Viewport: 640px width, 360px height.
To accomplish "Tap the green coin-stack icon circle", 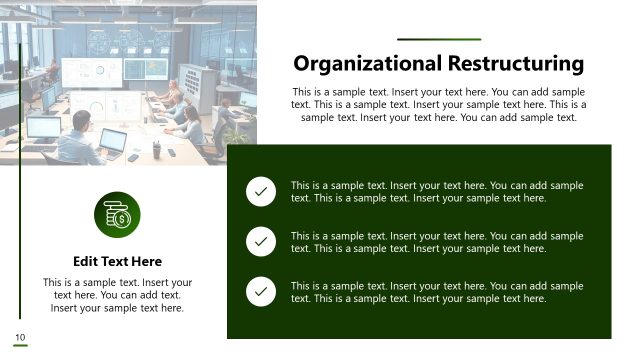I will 117,215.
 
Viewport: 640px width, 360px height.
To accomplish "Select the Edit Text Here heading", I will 117,261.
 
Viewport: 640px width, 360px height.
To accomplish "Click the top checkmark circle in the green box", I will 261,191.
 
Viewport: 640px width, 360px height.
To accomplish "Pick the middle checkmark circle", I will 261,241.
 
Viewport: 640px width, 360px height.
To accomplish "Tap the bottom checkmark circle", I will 261,291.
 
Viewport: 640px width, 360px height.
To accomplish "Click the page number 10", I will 19,336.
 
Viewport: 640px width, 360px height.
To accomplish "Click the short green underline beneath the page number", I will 19,346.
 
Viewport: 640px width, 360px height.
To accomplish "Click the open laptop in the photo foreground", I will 112,142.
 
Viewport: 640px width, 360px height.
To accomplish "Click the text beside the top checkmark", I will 437,191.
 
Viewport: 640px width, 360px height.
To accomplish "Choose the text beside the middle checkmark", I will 437,241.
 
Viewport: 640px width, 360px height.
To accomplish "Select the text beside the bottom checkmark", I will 437,291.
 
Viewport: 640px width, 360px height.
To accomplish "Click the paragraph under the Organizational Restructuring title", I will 439,104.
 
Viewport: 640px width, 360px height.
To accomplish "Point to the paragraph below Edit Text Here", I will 117,295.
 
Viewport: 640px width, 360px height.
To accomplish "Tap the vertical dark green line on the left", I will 20,180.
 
